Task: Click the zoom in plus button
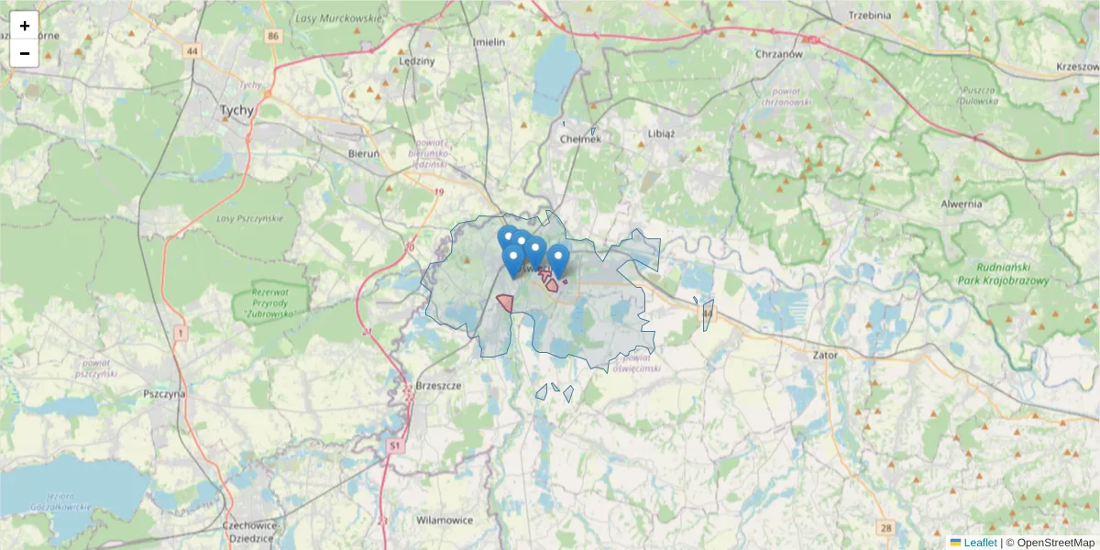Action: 25,26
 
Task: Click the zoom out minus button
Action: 25,53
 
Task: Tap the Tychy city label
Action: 236,110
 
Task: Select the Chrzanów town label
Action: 779,54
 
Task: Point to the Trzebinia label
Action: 870,15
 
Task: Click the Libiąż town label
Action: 660,133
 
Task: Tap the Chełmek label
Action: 579,139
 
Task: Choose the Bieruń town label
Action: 364,154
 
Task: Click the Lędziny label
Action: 417,60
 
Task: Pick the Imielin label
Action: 489,42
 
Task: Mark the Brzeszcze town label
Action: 438,386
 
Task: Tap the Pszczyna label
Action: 165,393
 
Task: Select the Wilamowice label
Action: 445,520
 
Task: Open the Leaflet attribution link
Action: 980,543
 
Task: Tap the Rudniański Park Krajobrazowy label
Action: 1003,274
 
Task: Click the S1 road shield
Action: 395,445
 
